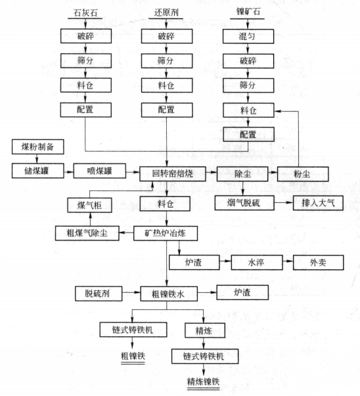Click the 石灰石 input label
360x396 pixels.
85,12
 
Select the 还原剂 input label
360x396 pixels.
166,12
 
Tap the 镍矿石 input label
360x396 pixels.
248,12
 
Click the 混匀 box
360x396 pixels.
248,36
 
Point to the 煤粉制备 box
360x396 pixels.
37,146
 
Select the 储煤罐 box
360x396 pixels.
37,171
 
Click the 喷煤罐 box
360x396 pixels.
100,171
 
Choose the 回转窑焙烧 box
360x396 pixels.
173,174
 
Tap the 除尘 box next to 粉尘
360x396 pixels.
242,174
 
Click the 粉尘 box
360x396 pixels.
303,174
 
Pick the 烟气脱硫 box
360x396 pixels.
244,203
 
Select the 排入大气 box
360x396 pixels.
318,203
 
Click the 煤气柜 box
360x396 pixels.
89,205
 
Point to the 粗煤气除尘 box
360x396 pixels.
87,233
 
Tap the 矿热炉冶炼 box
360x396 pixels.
166,233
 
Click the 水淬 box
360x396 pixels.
256,263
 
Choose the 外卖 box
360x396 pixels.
318,263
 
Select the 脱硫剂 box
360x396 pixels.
99,294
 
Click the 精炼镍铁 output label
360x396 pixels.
203,382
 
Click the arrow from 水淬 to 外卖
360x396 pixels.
288,261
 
